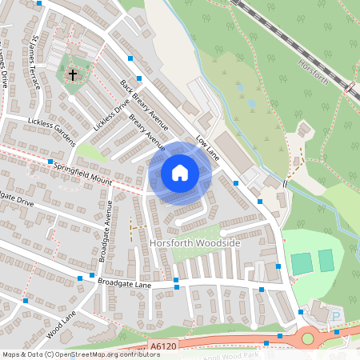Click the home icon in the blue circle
click(x=180, y=173)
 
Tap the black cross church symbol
click(x=73, y=75)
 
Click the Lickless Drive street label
click(x=110, y=114)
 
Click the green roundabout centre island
click(x=308, y=339)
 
